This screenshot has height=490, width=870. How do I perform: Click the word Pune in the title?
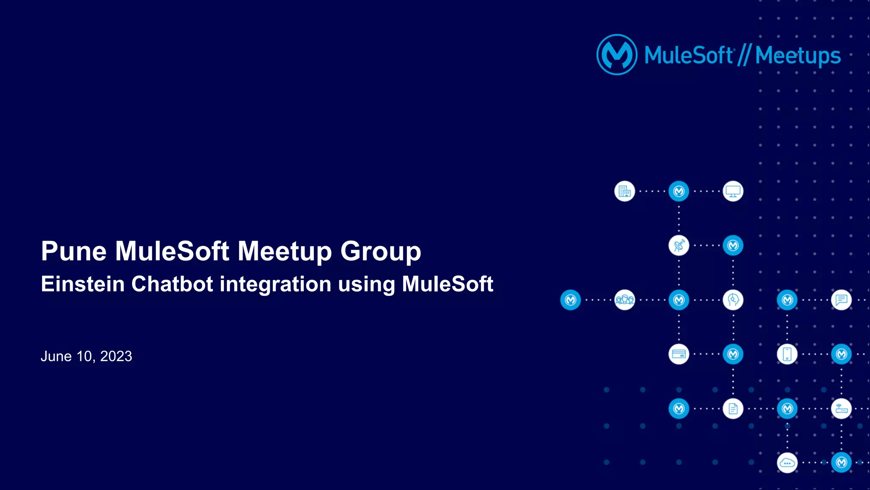click(73, 251)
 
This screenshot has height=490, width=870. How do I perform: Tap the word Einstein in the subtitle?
click(82, 284)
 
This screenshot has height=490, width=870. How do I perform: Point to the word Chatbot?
click(172, 284)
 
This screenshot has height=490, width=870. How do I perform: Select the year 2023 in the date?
click(116, 356)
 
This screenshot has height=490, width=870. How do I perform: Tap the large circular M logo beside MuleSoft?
click(617, 55)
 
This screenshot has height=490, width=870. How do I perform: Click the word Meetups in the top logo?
click(798, 56)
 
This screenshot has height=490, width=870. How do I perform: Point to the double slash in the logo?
click(744, 55)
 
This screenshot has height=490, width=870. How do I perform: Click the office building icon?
click(624, 191)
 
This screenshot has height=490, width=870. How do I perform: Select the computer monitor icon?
click(733, 191)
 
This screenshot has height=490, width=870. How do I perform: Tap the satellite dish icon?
click(679, 246)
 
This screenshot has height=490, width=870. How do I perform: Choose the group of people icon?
click(624, 300)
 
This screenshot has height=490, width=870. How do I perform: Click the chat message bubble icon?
click(841, 300)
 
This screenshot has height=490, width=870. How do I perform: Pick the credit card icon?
click(679, 354)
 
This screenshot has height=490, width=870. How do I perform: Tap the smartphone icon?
click(787, 354)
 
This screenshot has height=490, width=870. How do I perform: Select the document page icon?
click(733, 409)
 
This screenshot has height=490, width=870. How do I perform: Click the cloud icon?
click(787, 463)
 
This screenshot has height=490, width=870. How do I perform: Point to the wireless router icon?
click(841, 409)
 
